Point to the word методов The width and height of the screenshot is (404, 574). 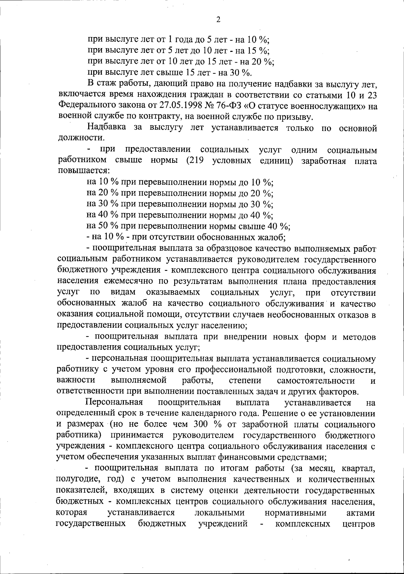tap(359, 337)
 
